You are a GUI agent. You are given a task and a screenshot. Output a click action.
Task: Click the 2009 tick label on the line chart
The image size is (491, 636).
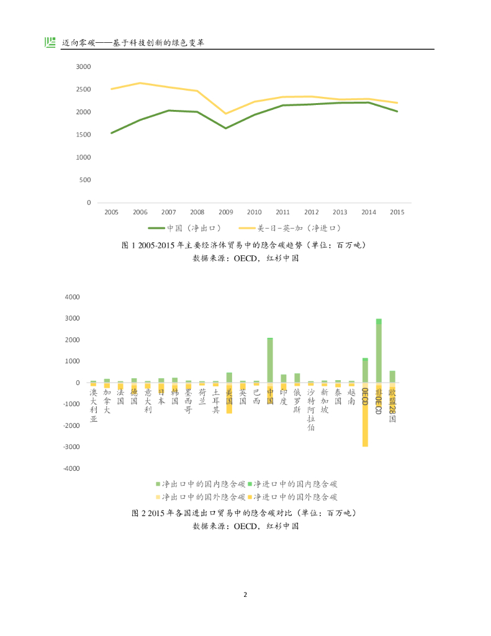[225, 212]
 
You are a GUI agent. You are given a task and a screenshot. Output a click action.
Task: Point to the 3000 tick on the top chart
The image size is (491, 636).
[83, 66]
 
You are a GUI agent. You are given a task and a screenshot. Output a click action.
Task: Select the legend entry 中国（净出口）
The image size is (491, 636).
[185, 229]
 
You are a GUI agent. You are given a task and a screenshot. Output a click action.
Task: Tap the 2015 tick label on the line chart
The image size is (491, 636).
[397, 212]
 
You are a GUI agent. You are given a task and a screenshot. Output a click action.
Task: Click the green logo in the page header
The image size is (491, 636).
[50, 42]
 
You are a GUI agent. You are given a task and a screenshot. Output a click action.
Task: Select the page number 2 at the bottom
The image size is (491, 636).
[245, 594]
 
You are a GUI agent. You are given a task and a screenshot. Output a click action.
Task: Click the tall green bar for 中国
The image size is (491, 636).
[270, 360]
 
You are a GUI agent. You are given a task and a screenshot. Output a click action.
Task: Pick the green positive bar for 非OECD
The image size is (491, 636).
[379, 351]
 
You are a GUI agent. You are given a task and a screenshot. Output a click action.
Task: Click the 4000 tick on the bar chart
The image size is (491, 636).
[73, 297]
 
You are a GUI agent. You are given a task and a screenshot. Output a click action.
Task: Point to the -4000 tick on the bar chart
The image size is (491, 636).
[71, 468]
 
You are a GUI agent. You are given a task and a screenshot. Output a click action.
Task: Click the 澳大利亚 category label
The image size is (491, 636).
[94, 406]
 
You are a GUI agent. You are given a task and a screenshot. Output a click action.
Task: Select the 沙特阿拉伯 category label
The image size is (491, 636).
[311, 410]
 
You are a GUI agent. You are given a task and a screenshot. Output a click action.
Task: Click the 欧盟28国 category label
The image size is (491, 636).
[392, 406]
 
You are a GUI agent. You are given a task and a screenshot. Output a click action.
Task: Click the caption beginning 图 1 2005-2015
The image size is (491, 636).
[245, 245]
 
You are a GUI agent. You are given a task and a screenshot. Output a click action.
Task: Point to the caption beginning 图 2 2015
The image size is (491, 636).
[245, 513]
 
